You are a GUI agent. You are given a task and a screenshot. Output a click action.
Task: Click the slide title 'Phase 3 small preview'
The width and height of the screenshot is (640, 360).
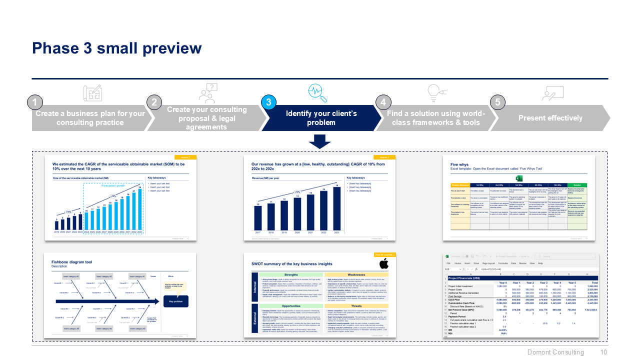tap(116, 48)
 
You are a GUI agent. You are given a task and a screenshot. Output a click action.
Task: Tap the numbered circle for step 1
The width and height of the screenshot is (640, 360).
tap(34, 102)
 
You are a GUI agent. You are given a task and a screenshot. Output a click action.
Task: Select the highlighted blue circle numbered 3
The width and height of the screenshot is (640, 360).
tap(269, 102)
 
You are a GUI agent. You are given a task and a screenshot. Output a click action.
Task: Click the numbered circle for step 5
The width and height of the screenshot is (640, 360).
tap(497, 102)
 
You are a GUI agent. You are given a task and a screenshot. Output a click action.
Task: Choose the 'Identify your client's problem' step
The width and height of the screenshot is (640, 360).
tap(321, 118)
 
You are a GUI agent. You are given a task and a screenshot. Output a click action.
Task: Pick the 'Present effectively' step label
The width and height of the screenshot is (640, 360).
tap(550, 118)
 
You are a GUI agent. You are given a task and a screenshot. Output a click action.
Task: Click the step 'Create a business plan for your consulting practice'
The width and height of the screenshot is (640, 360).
tap(90, 118)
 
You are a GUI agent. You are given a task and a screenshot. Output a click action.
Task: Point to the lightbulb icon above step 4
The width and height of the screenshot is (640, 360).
tap(433, 92)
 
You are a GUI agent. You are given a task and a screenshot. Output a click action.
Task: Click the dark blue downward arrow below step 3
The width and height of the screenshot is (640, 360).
tap(319, 141)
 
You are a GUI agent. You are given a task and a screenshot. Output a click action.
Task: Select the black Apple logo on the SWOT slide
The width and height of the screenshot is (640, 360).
tap(383, 264)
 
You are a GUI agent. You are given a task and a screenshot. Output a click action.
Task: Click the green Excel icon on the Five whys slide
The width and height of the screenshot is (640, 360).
tap(519, 178)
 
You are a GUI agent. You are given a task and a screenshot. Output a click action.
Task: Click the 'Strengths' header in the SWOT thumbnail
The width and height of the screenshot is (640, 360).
tap(291, 274)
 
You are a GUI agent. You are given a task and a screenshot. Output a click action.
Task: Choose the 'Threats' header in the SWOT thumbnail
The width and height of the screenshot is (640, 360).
tap(356, 306)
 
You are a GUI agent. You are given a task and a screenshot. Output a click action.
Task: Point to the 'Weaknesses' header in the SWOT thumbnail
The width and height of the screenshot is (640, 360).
tap(356, 274)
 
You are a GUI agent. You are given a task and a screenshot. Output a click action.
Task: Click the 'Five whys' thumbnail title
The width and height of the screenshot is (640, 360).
tap(459, 164)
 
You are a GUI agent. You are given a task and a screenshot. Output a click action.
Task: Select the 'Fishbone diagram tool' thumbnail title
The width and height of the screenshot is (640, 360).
tap(71, 262)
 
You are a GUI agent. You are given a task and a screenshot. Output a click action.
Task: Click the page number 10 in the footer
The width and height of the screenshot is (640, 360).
tap(603, 352)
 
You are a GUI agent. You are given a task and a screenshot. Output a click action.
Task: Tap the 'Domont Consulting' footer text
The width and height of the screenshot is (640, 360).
tap(555, 352)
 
